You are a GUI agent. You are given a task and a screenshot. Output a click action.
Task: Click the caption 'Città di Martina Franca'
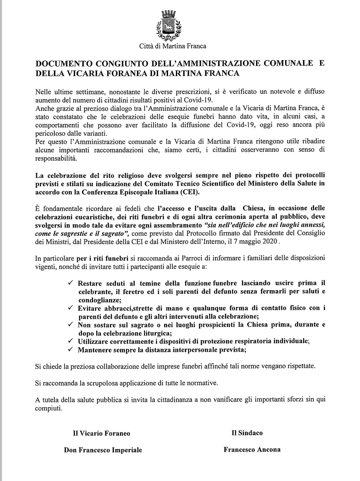click(172, 46)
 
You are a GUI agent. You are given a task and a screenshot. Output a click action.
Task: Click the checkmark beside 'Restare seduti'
click(70, 283)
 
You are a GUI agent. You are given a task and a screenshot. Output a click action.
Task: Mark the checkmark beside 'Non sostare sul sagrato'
click(70, 325)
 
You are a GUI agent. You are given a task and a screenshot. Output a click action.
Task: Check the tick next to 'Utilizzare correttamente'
click(70, 341)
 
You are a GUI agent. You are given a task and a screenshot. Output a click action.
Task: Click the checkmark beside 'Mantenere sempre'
click(70, 349)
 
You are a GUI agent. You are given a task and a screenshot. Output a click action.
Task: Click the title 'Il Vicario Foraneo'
click(101, 433)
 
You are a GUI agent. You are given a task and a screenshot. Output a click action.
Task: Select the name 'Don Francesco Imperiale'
click(103, 450)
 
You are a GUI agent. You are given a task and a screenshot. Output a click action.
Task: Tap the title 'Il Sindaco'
click(247, 433)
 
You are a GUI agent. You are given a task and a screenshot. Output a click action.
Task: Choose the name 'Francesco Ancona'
click(252, 449)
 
